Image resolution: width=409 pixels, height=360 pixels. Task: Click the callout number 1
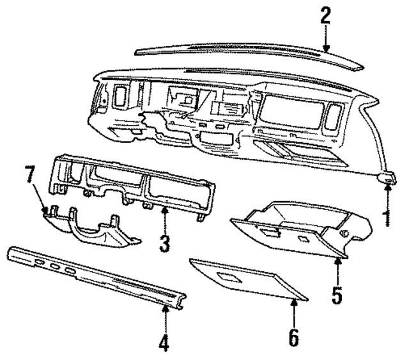386,218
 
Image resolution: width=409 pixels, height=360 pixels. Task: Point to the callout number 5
338,294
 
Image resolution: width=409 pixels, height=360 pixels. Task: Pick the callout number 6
293,337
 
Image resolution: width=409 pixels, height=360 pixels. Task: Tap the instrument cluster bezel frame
134,185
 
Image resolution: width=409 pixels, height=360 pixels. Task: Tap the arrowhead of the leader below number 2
326,50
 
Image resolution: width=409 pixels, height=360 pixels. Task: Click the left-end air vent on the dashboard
120,97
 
